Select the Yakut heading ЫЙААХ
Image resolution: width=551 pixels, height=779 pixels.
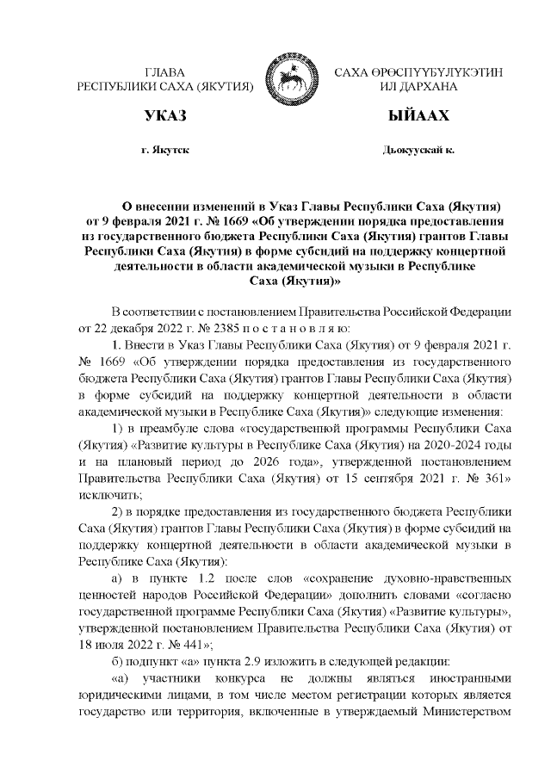click(x=419, y=115)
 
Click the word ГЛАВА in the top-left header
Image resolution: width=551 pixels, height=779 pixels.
click(x=164, y=71)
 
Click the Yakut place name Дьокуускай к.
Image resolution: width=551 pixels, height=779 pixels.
click(x=418, y=151)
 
